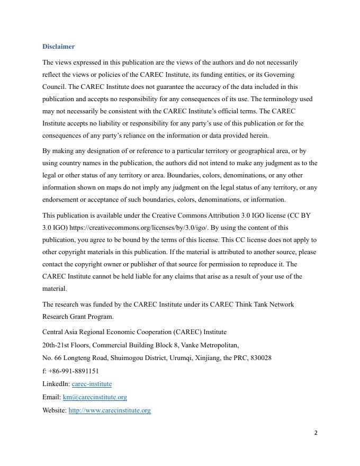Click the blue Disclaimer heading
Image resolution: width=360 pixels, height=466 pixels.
coord(58,47)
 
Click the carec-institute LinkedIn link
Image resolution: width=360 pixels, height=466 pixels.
coord(92,383)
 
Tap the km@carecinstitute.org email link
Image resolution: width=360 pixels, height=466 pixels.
coord(95,397)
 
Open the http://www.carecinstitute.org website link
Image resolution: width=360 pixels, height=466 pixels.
coord(110,410)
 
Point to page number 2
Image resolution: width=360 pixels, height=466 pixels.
coord(316,433)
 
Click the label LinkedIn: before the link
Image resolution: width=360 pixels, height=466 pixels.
coord(56,383)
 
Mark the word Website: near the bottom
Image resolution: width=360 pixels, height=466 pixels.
coord(55,410)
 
